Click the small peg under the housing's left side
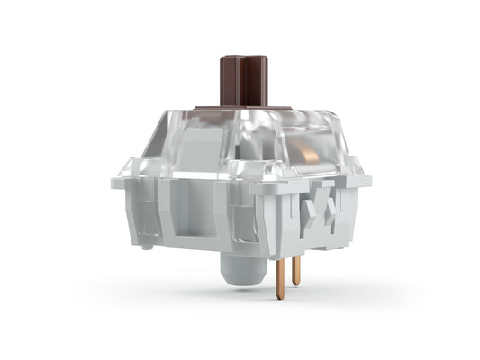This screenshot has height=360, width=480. [146, 241]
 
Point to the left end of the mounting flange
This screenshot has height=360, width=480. [116, 182]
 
